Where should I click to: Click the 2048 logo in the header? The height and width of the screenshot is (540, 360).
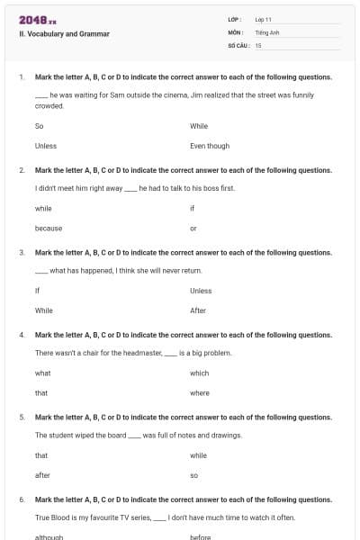click(x=37, y=20)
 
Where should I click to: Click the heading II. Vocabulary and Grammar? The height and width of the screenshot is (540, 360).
click(x=64, y=34)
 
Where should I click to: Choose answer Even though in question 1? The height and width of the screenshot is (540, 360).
click(x=210, y=146)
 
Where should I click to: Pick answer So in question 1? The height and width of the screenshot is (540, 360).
click(x=39, y=126)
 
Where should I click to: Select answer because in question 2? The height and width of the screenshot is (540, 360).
click(x=49, y=228)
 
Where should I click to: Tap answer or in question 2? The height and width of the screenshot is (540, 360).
click(x=193, y=228)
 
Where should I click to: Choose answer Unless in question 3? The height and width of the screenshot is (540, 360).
click(x=201, y=291)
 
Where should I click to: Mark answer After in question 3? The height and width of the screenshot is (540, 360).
click(x=198, y=310)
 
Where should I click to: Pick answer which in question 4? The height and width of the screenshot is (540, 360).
click(x=199, y=373)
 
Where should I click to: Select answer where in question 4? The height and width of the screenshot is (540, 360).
click(x=200, y=392)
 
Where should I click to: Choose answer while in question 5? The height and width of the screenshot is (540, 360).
click(x=198, y=455)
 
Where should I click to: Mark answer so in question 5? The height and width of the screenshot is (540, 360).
click(x=193, y=475)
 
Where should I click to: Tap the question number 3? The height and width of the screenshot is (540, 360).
click(x=22, y=252)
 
